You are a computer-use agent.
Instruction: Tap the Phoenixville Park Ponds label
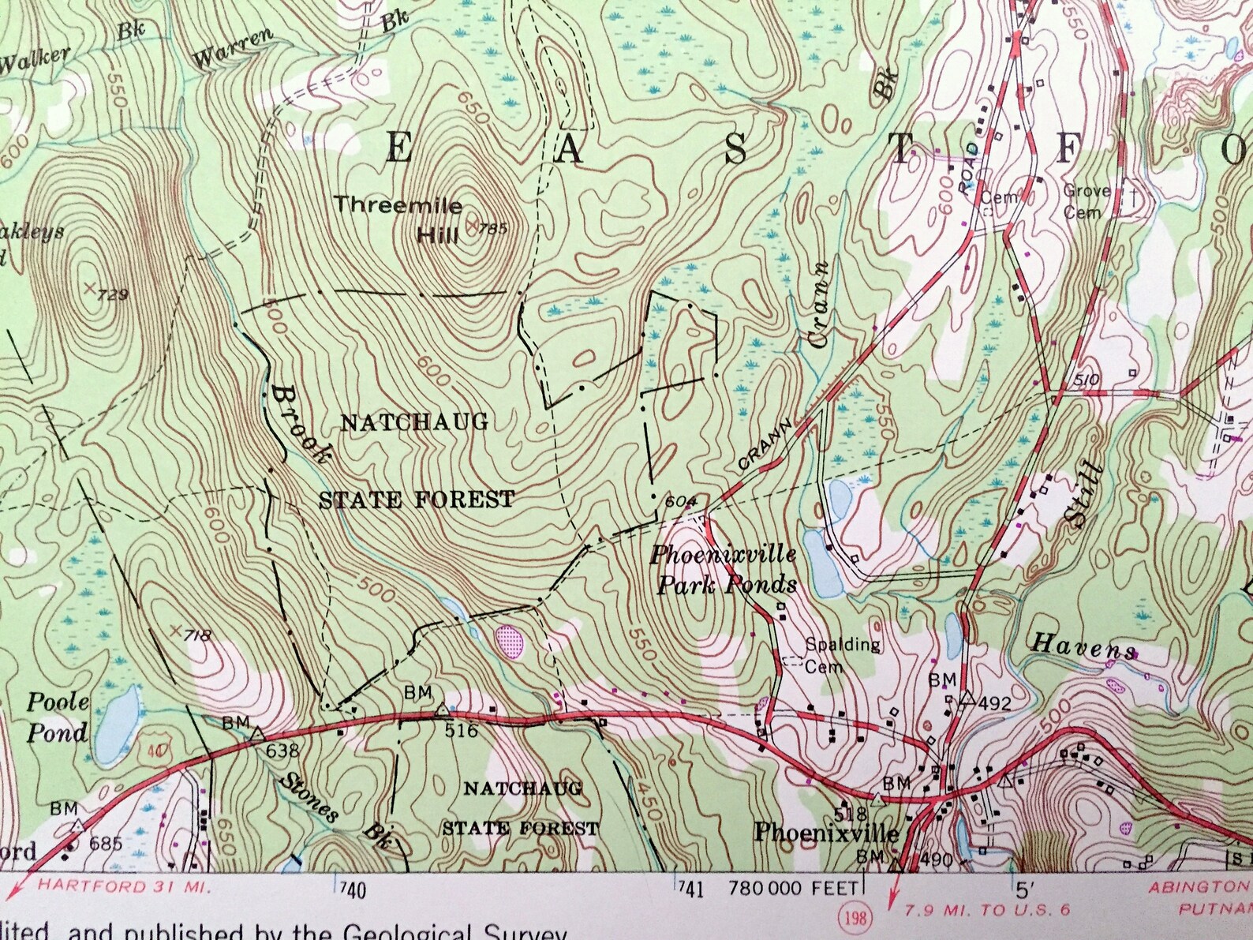pos(722,569)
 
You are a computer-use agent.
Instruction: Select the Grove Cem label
pos(1086,200)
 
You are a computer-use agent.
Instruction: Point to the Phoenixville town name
pos(825,833)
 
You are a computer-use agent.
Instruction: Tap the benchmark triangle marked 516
pos(442,709)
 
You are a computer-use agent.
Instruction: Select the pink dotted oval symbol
pos(509,637)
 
